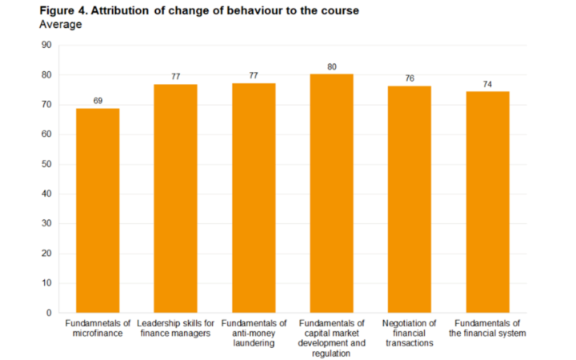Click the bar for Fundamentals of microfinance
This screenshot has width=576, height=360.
(98, 210)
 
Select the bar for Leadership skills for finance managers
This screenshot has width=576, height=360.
(175, 198)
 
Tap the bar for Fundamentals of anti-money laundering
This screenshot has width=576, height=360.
(254, 198)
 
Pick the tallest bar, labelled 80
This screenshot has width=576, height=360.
(331, 193)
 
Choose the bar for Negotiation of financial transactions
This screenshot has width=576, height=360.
(410, 199)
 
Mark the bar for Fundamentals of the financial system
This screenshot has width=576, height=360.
(487, 202)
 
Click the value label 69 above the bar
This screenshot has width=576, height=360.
(98, 101)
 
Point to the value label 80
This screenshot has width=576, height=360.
(331, 66)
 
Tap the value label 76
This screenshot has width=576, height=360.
(410, 78)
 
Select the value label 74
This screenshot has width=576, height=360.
(487, 84)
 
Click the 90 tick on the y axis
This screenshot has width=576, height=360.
(46, 46)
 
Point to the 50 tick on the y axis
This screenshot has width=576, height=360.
(46, 164)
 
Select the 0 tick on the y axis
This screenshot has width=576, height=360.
(48, 312)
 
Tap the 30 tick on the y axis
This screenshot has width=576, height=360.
(46, 223)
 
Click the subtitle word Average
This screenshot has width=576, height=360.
(60, 24)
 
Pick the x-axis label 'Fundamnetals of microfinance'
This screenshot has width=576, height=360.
(98, 328)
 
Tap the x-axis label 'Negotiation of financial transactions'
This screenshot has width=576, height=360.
(410, 333)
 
